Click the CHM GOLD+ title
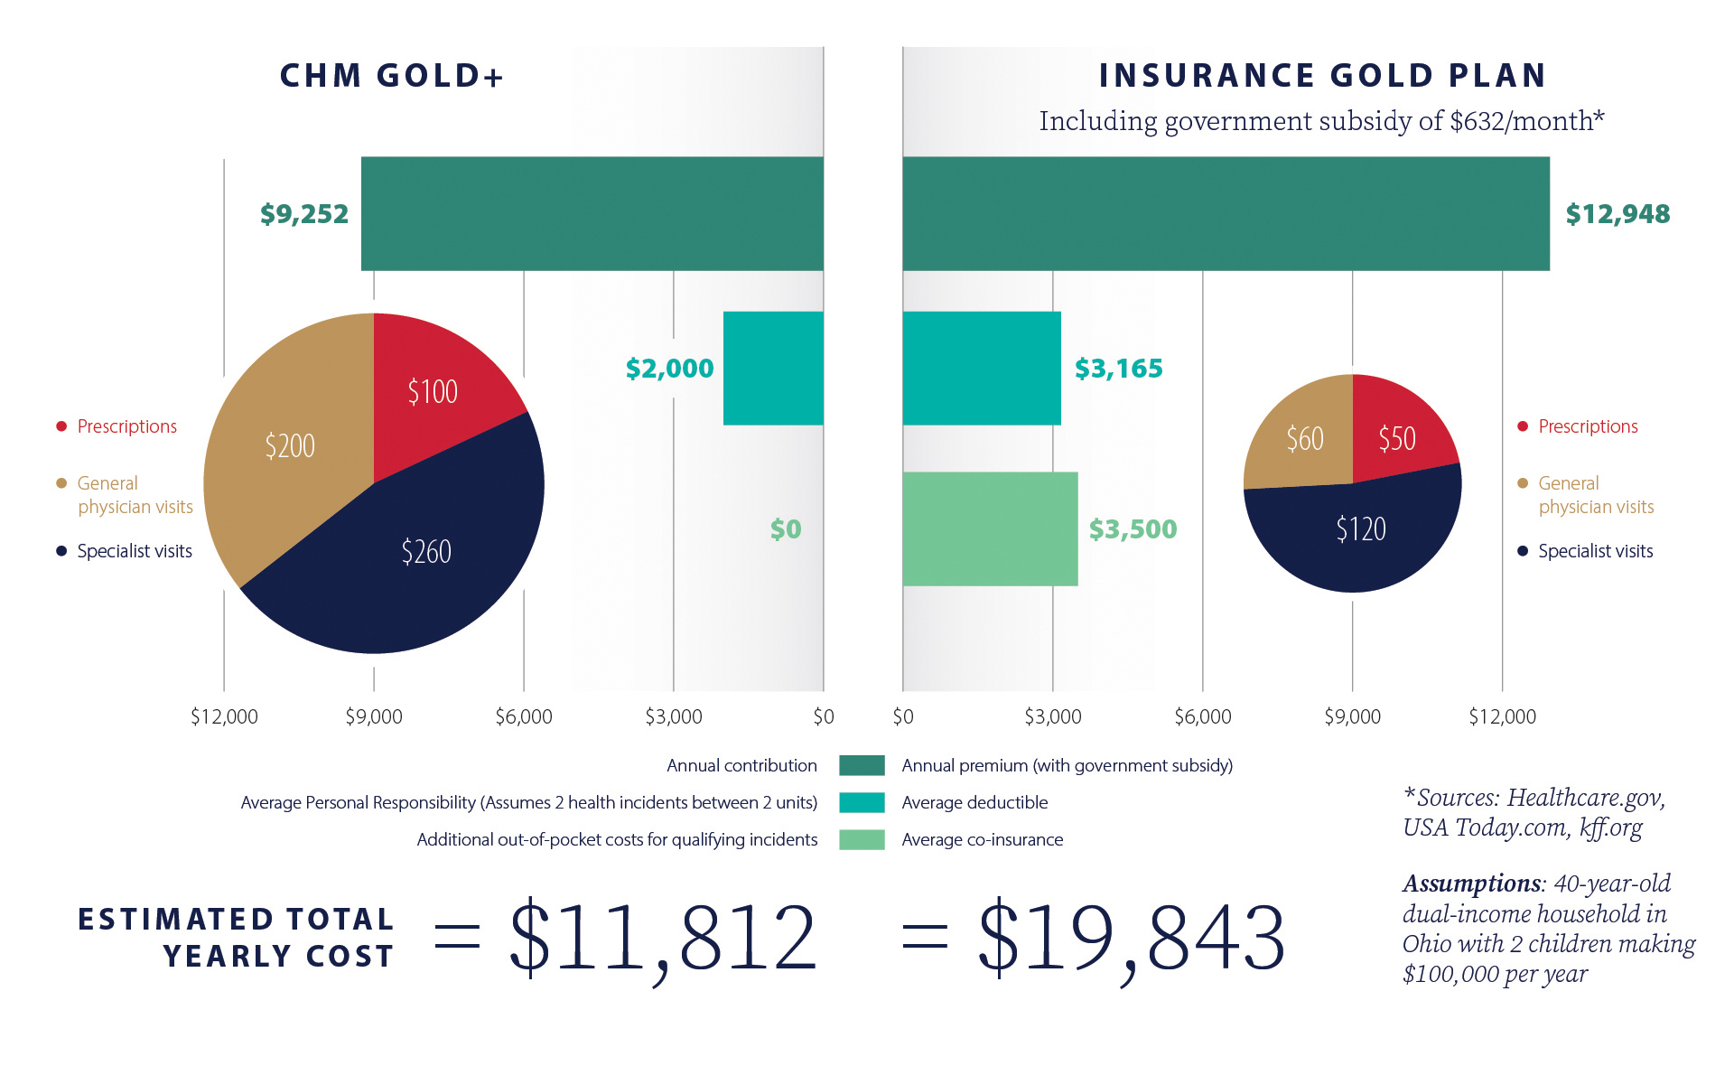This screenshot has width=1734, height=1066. click(x=391, y=76)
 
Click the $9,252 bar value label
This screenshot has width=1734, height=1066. click(x=303, y=214)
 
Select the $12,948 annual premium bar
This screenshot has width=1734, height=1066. click(x=1225, y=214)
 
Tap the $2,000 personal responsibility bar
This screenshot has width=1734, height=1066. click(x=773, y=369)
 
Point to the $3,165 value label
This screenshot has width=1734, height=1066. click(x=1118, y=369)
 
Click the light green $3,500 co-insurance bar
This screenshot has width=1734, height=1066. click(x=990, y=529)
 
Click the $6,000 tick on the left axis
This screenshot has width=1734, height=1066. click(x=524, y=717)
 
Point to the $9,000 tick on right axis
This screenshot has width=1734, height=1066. click(x=1352, y=717)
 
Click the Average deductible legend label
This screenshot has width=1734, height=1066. click(x=974, y=803)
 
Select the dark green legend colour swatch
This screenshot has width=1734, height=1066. click(x=862, y=766)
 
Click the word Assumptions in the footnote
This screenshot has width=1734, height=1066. click(x=1471, y=884)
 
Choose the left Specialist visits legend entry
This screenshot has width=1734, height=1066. click(x=134, y=551)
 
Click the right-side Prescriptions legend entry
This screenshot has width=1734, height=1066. click(x=1587, y=426)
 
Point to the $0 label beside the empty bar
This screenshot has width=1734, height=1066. click(x=785, y=529)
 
